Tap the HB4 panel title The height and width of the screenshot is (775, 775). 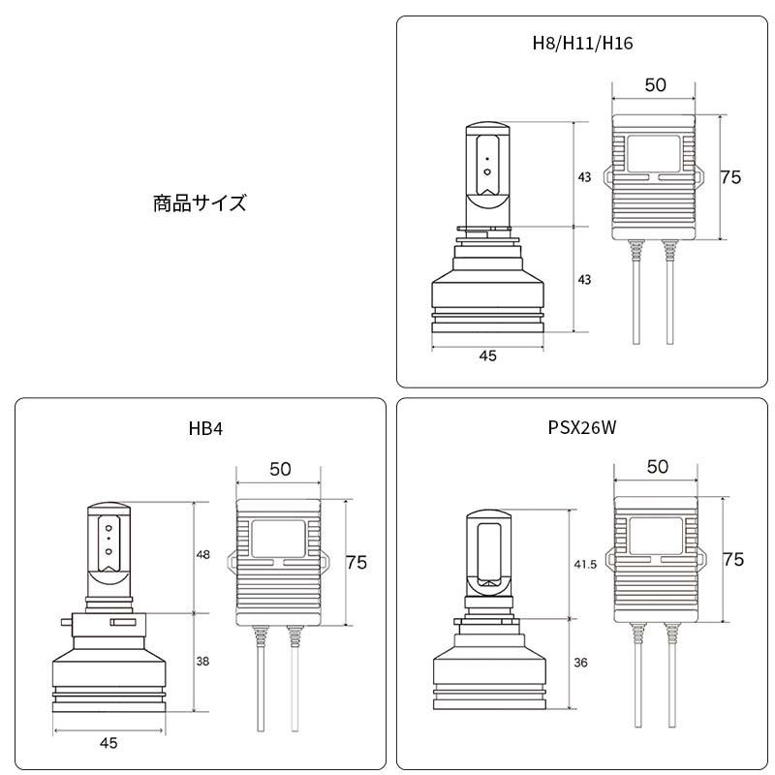(206, 427)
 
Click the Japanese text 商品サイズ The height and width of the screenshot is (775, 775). (200, 203)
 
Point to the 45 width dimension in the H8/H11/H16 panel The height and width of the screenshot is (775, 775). (487, 356)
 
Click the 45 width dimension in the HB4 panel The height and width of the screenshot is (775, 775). (108, 743)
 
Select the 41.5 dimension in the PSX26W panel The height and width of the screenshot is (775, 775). (584, 563)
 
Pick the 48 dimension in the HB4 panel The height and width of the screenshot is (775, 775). (203, 555)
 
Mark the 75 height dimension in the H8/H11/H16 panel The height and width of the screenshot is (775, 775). (731, 177)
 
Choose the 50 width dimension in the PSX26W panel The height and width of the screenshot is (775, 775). (657, 467)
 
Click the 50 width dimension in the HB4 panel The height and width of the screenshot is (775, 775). (280, 469)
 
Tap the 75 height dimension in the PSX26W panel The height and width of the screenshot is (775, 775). (733, 559)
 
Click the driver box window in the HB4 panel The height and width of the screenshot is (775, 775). (279, 536)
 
